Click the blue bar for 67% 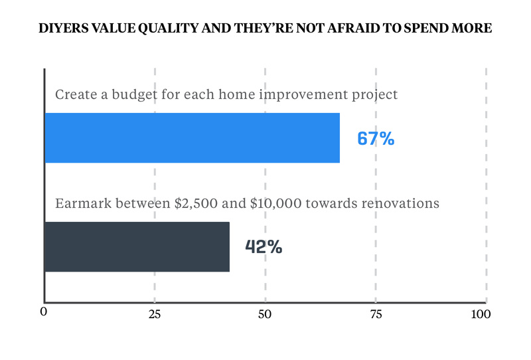click(x=192, y=138)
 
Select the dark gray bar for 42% click(x=137, y=247)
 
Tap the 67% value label click(x=376, y=139)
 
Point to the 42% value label click(x=264, y=247)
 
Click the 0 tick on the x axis click(x=44, y=314)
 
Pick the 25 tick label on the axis click(x=155, y=314)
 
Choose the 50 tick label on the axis click(x=265, y=314)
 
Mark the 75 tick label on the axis click(x=376, y=314)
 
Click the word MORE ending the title click(x=472, y=29)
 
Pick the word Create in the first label click(x=75, y=94)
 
